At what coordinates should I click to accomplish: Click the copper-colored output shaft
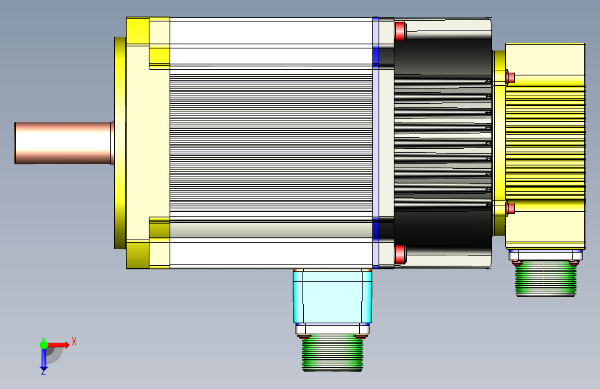point(64,143)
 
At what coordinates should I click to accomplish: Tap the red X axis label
point(74,341)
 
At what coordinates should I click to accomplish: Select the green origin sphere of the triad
point(44,345)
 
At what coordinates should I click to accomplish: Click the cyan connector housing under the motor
point(332,296)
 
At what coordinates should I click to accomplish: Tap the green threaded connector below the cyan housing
point(332,352)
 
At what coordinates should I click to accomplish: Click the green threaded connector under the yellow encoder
point(545,278)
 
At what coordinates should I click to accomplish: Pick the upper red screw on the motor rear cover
point(400,31)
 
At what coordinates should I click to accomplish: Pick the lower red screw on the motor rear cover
point(400,255)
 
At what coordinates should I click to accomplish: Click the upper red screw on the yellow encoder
point(510,78)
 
